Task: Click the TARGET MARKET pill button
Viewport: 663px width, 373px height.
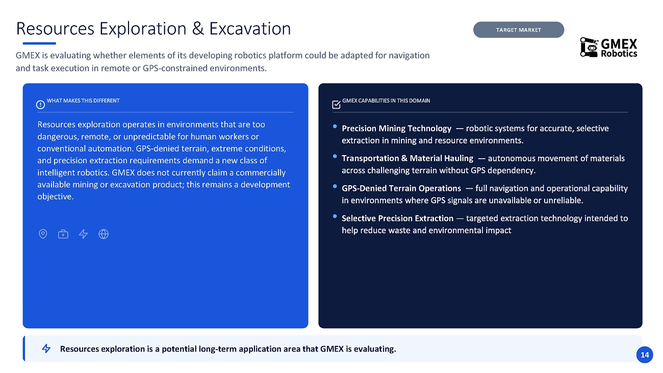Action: click(x=518, y=30)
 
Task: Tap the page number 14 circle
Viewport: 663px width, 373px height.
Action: click(x=644, y=355)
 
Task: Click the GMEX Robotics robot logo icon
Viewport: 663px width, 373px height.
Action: click(x=589, y=47)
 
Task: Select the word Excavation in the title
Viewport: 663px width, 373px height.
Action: click(x=250, y=29)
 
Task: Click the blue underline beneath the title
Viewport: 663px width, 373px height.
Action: click(x=39, y=43)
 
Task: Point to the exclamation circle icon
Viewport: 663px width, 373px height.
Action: click(x=41, y=105)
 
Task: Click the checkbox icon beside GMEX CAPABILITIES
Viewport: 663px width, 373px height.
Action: click(x=336, y=105)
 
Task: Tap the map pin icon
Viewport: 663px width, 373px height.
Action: click(x=43, y=234)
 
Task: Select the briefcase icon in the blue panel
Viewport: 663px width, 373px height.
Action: click(x=63, y=234)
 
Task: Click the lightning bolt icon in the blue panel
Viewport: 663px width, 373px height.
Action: click(x=84, y=234)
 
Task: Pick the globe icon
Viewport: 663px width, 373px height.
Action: click(x=104, y=234)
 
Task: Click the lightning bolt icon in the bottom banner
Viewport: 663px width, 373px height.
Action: click(x=46, y=349)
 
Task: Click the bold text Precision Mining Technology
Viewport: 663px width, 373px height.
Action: click(x=397, y=129)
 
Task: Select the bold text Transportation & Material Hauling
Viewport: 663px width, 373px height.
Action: click(x=407, y=158)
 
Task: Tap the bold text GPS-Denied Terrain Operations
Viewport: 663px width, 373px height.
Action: click(x=401, y=188)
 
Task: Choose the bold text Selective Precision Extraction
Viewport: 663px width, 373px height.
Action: click(x=397, y=218)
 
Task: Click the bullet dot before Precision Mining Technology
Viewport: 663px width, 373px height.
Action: click(x=335, y=127)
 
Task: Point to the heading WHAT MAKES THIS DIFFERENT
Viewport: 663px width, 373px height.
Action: click(x=83, y=101)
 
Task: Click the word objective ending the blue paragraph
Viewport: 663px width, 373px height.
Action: click(x=55, y=196)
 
